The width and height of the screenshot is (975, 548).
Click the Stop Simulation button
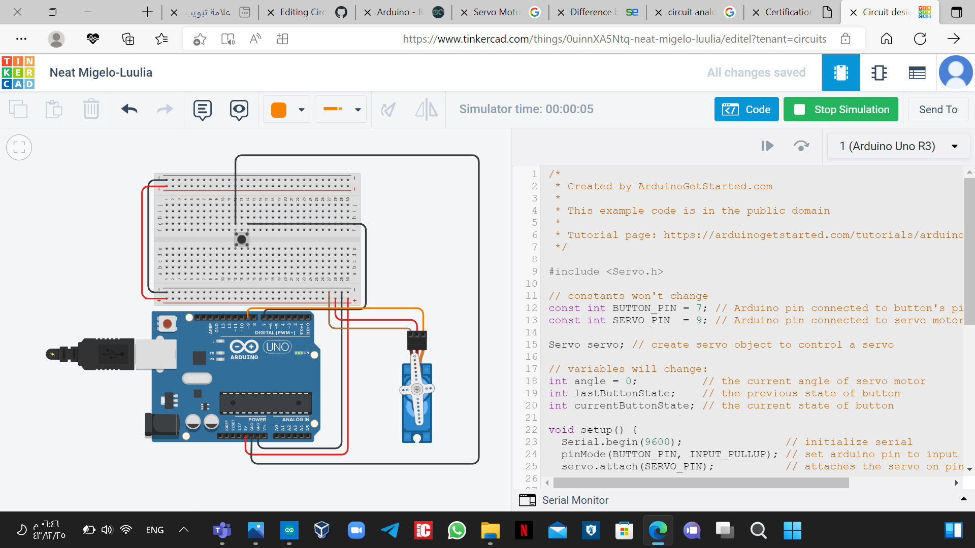point(840,110)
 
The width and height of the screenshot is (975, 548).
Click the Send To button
point(937,110)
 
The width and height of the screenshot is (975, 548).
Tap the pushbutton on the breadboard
point(242,239)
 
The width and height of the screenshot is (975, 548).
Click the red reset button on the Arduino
point(167,323)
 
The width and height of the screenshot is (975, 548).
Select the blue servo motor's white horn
point(417,390)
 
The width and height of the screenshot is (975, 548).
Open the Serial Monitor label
point(575,500)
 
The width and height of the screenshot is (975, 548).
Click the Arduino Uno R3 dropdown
point(898,146)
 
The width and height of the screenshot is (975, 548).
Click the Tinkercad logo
point(18,73)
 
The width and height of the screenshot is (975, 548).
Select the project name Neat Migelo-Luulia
point(101,73)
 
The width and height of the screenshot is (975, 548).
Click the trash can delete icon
point(91,110)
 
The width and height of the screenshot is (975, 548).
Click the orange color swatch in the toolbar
point(279,110)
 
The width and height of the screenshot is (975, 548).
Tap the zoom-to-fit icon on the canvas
point(19,148)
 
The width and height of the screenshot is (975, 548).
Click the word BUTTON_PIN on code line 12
point(644,308)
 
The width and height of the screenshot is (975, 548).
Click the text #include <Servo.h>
point(606,271)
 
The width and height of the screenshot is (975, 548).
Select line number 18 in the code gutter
point(531,381)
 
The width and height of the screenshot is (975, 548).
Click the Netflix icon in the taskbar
point(524,531)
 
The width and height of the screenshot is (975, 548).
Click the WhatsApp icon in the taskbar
point(457,531)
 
